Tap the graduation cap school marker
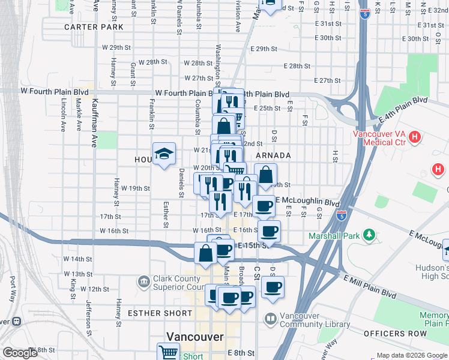(x=164, y=154)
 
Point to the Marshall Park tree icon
(x=370, y=233)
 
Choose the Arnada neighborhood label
(x=273, y=155)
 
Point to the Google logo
(x=20, y=353)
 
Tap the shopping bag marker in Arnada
(x=265, y=175)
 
